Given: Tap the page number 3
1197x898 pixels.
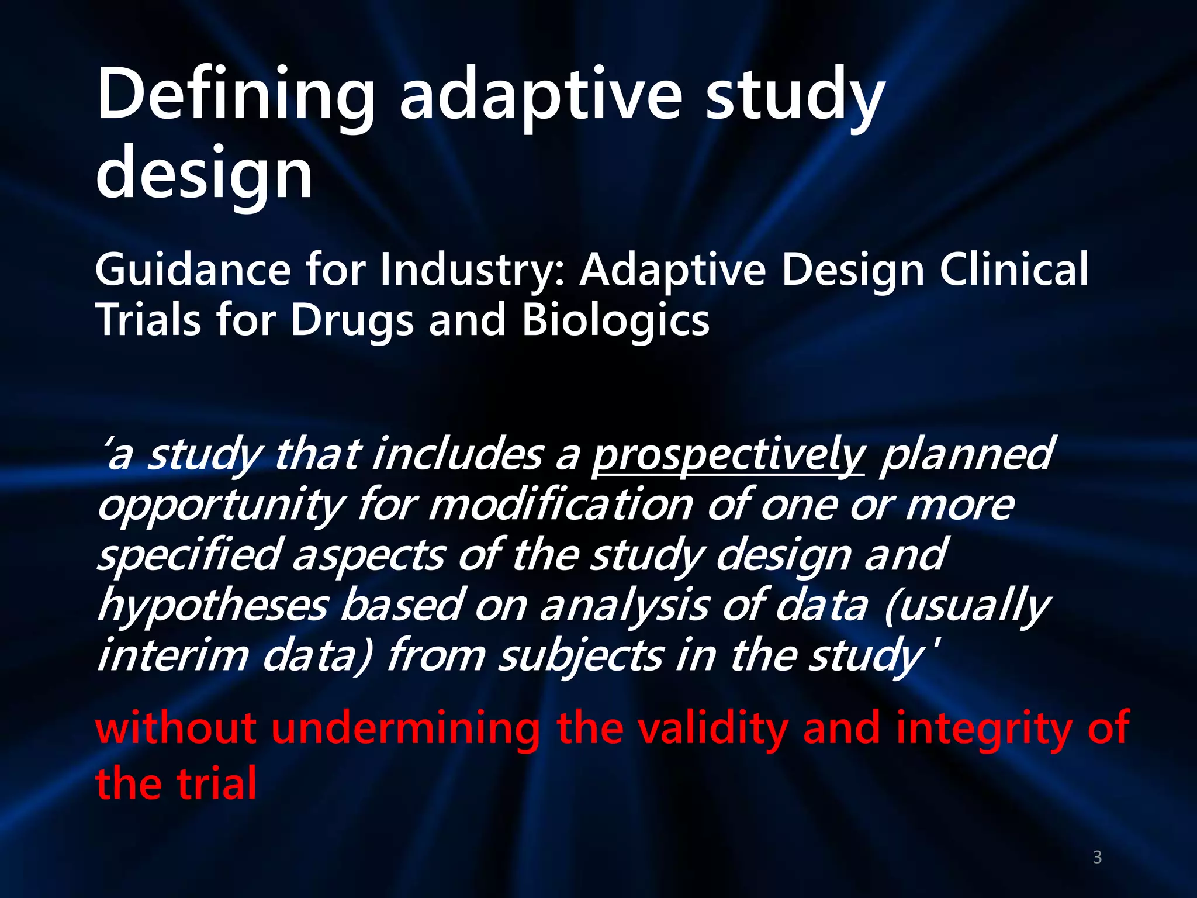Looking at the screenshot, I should tap(1097, 857).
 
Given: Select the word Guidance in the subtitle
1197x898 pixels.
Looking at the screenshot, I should tap(193, 270).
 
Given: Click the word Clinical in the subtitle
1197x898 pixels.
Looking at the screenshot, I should tap(1014, 270).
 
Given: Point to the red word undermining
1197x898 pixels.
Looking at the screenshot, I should tap(406, 728).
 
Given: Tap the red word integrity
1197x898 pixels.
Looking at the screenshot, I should tap(984, 730).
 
